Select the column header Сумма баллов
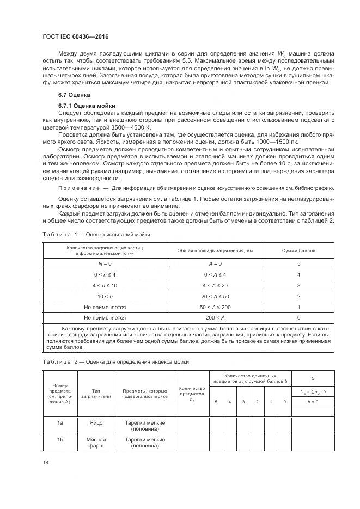pyautogui.click(x=298, y=250)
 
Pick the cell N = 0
pyautogui.click(x=105, y=263)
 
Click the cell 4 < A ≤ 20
pyautogui.click(x=215, y=285)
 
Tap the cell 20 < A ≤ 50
pyautogui.click(x=215, y=296)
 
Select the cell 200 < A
pyautogui.click(x=215, y=317)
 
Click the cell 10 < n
pyautogui.click(x=105, y=296)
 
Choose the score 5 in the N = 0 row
pyautogui.click(x=298, y=263)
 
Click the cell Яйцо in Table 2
pyautogui.click(x=96, y=422)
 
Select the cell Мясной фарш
pyautogui.click(x=96, y=442)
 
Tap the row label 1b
pyautogui.click(x=60, y=439)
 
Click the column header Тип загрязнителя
pyautogui.click(x=96, y=393)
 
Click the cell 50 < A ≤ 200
pyautogui.click(x=215, y=306)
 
